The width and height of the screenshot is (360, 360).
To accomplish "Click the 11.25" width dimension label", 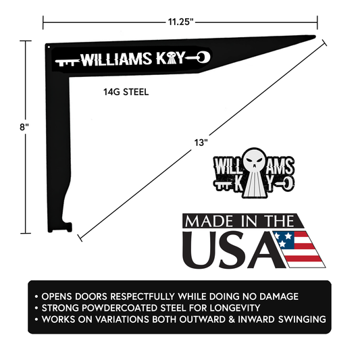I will [180, 22].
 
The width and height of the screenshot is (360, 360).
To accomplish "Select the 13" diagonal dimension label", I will [200, 143].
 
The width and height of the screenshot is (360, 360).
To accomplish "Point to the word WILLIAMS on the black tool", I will [111, 59].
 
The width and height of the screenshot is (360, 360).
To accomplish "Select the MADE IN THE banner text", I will [239, 222].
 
